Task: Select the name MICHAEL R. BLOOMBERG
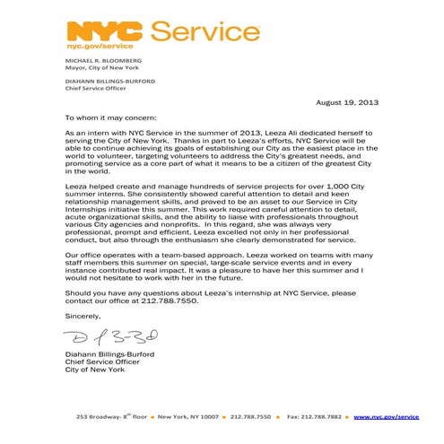tap(98, 60)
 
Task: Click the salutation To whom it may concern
tap(110, 117)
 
